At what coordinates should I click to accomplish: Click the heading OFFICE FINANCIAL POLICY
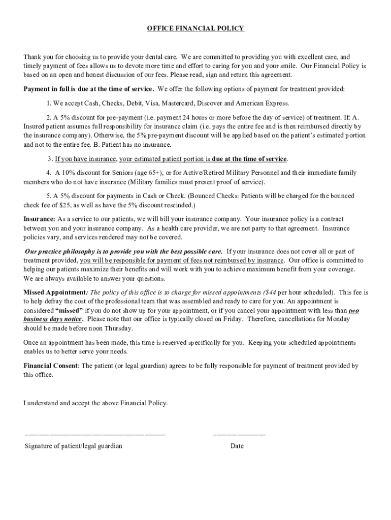click(195, 28)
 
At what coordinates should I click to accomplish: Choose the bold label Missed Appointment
click(55, 292)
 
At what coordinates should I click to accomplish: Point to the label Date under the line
click(237, 446)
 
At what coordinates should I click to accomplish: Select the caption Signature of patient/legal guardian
click(74, 446)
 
